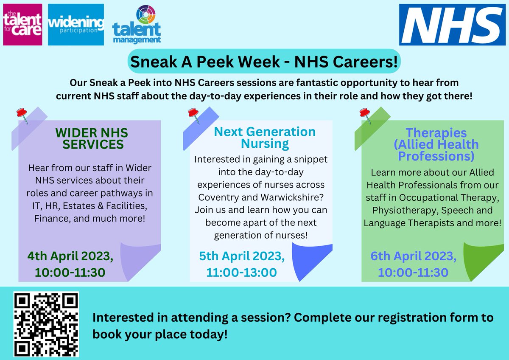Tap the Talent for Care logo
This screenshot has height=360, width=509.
[22, 24]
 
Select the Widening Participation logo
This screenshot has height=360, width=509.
[76, 24]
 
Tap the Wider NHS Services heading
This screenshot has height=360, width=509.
[92, 138]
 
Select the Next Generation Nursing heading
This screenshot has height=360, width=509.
[265, 138]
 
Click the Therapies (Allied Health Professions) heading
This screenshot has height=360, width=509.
[436, 144]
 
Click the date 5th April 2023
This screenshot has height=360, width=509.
[242, 256]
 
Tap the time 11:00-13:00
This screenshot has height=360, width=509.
[241, 273]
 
